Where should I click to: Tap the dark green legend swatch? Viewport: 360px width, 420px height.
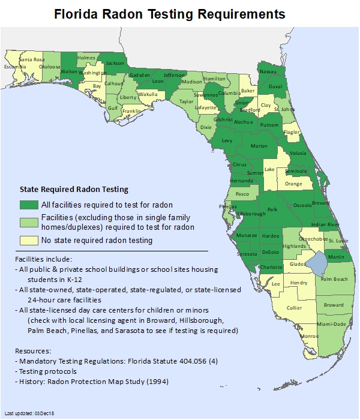[29, 205]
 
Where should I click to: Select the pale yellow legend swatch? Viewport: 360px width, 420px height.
[29, 240]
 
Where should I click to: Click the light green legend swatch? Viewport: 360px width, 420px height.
[29, 223]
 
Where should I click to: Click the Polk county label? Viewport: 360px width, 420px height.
[272, 209]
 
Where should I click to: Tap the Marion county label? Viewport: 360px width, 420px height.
[259, 146]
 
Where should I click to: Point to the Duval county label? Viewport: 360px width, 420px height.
[275, 86]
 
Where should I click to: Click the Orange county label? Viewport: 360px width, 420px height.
[293, 184]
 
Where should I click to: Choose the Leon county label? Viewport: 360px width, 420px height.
[158, 81]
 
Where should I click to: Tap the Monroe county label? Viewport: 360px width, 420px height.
[310, 337]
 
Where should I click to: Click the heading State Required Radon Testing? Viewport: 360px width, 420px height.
[74, 190]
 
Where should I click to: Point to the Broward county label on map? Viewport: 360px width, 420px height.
[334, 305]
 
